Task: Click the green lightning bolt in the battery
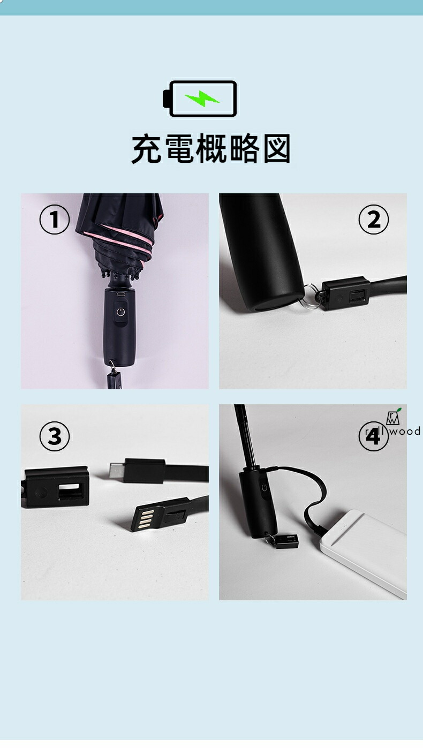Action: point(202,99)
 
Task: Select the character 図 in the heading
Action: point(277,149)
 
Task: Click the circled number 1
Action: point(55,220)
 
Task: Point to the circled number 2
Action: point(374,220)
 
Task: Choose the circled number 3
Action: point(55,436)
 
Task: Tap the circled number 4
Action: point(374,436)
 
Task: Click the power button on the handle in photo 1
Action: point(120,313)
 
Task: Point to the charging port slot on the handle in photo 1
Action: point(120,294)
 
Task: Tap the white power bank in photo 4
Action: point(363,553)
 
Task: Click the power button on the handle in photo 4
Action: point(265,488)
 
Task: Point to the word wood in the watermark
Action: point(405,431)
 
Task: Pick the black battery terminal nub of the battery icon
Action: point(167,99)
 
